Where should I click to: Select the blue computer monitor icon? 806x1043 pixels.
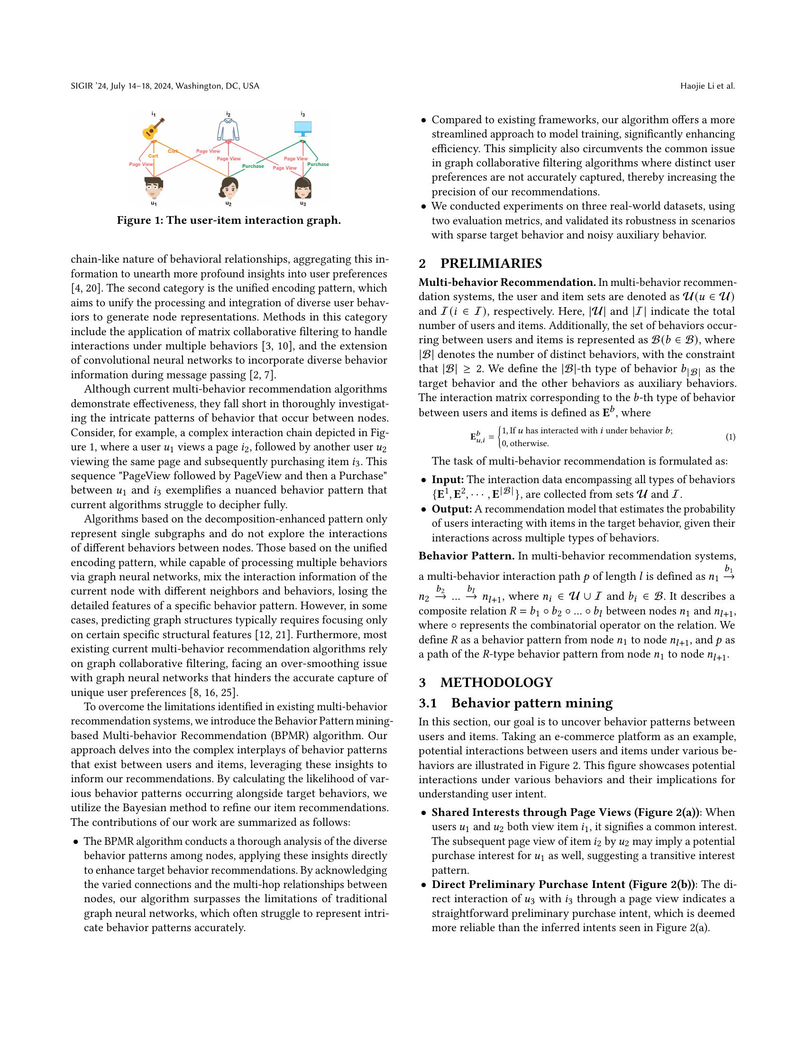(x=303, y=128)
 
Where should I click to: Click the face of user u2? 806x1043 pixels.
(x=228, y=188)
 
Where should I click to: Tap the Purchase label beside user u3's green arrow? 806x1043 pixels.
(x=318, y=165)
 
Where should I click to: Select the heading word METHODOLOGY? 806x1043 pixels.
(x=496, y=682)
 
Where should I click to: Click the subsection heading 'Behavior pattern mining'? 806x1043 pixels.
(x=532, y=703)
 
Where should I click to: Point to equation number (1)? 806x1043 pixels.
(x=730, y=437)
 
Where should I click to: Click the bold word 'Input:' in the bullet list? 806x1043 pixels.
(x=448, y=479)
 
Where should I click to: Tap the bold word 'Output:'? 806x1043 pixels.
(x=452, y=509)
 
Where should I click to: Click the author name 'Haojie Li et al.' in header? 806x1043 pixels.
(x=707, y=86)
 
